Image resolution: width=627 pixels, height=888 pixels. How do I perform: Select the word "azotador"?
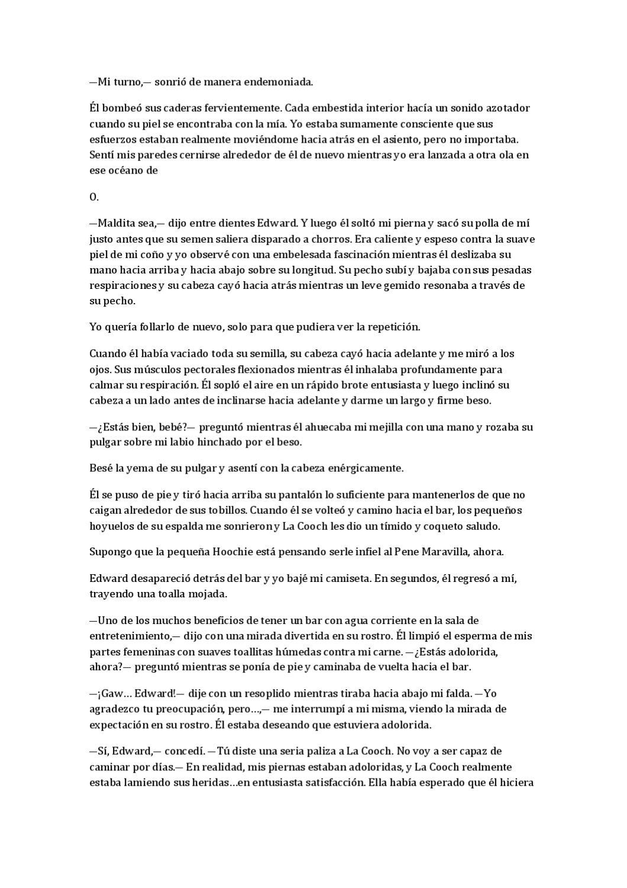coord(508,108)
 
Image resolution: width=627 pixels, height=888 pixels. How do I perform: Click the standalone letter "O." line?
coord(93,197)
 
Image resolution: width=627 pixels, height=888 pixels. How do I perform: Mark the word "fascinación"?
coord(350,255)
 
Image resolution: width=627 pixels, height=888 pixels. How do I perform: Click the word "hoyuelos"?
coord(112,526)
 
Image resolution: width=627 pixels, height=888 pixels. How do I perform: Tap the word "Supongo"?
coord(109,552)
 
